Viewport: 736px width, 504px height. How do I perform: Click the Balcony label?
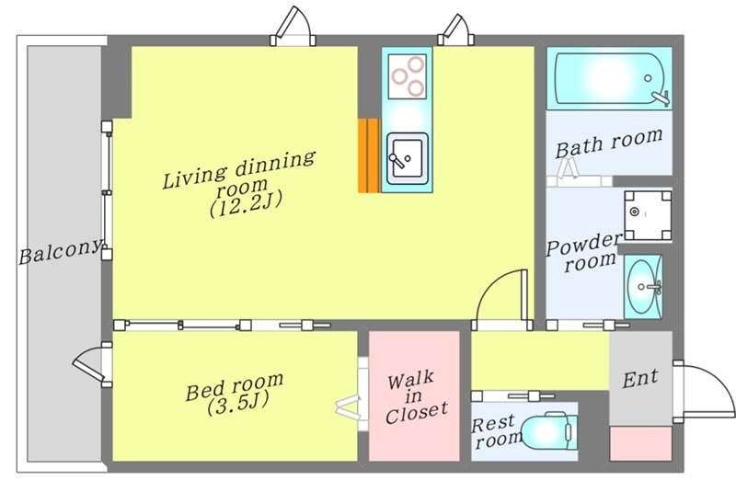(x=60, y=251)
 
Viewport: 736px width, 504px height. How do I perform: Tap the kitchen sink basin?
(x=407, y=158)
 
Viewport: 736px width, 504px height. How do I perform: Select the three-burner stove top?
(x=408, y=76)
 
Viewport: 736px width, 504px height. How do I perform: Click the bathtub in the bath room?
(x=609, y=78)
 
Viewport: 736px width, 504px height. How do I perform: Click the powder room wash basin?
(x=643, y=286)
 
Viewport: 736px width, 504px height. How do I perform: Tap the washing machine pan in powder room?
(x=648, y=215)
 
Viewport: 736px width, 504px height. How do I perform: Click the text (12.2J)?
(x=246, y=205)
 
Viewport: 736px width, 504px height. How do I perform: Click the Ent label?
(x=640, y=378)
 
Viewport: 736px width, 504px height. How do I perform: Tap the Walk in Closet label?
(x=416, y=397)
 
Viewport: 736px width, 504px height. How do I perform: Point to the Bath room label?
(x=609, y=143)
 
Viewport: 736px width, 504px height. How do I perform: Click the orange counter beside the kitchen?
(x=369, y=155)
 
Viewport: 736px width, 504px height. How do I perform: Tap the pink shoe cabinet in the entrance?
(x=640, y=443)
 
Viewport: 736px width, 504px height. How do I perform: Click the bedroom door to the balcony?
(x=89, y=364)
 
